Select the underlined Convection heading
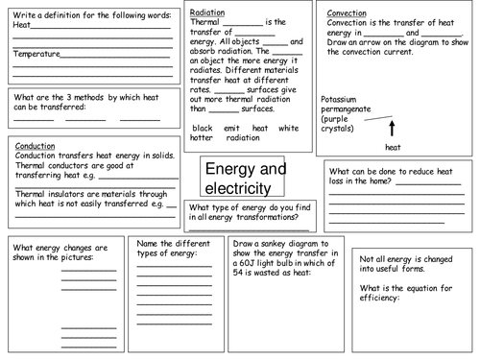pos(348,14)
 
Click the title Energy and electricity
pos(246,179)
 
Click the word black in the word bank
pos(202,128)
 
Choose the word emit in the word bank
pos(230,128)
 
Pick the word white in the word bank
pos(288,128)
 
